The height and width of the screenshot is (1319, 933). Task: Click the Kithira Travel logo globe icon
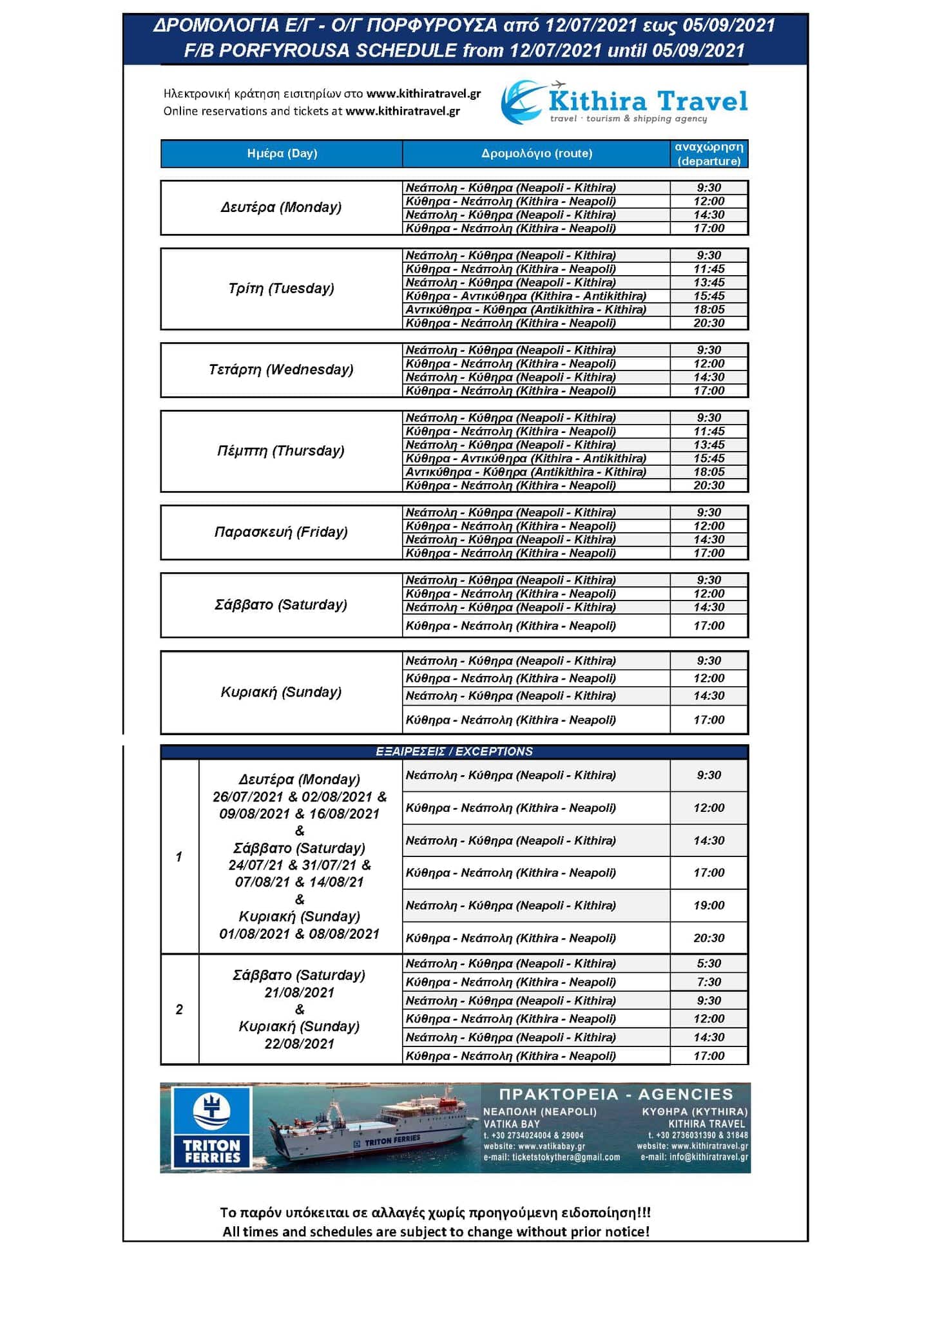[522, 102]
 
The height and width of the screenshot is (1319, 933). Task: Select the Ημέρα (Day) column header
[282, 153]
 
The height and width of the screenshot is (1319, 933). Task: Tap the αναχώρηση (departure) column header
[709, 154]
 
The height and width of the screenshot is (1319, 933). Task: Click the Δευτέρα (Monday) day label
[281, 207]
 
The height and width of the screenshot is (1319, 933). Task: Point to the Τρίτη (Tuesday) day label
[281, 289]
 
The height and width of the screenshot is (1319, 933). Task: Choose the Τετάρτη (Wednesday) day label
[281, 370]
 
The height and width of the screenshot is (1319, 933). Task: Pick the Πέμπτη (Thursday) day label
[281, 451]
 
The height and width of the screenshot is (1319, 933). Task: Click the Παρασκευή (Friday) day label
[281, 532]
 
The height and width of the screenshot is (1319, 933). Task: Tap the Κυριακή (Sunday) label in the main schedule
[281, 692]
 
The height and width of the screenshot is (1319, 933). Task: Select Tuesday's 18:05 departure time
[709, 310]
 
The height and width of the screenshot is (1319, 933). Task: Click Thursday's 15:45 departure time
[709, 459]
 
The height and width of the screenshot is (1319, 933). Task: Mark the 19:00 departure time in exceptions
[709, 905]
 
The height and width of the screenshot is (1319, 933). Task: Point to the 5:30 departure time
[709, 963]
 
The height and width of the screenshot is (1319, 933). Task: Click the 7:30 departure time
[709, 982]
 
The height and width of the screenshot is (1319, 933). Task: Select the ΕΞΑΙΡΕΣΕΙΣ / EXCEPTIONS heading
[454, 752]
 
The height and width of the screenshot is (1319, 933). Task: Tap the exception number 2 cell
[179, 1009]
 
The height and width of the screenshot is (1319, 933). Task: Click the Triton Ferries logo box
[211, 1127]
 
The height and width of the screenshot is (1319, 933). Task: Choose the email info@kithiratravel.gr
[695, 1157]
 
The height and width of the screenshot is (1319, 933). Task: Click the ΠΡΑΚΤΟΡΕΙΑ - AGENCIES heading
[616, 1094]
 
